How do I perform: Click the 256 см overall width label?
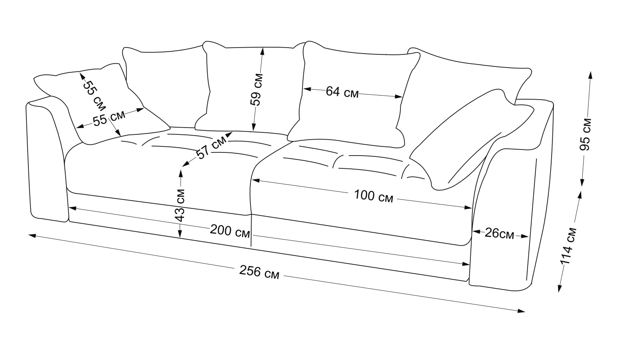259,272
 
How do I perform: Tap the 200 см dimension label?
230,231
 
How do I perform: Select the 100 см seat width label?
374,196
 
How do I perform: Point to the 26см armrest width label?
499,233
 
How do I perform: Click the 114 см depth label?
569,246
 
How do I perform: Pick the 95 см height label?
586,134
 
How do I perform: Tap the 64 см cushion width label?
342,92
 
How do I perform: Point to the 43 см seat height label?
180,204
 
